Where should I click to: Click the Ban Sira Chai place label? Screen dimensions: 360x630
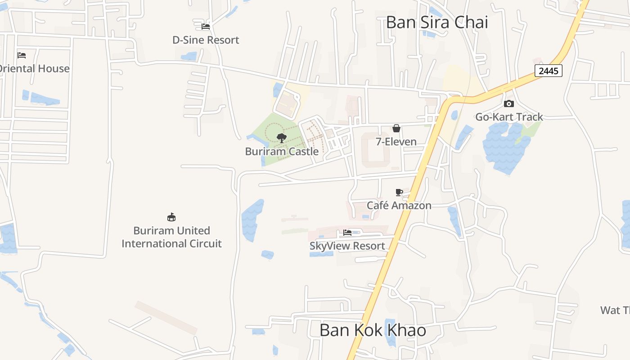pyautogui.click(x=437, y=22)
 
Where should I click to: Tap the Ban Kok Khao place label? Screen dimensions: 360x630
pyautogui.click(x=373, y=330)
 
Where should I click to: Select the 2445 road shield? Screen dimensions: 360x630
pyautogui.click(x=549, y=71)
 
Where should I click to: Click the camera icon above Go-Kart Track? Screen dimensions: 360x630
pyautogui.click(x=509, y=104)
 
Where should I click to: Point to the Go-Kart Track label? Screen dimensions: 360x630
pyautogui.click(x=509, y=117)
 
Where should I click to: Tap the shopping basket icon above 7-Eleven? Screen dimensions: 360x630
pyautogui.click(x=396, y=129)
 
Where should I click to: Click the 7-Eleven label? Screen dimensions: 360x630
pyautogui.click(x=396, y=142)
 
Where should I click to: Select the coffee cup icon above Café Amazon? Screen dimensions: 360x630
pyautogui.click(x=399, y=193)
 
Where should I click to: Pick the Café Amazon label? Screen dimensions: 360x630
pyautogui.click(x=399, y=206)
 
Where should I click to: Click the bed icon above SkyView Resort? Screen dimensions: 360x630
pyautogui.click(x=347, y=233)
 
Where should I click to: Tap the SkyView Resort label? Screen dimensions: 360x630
pyautogui.click(x=347, y=246)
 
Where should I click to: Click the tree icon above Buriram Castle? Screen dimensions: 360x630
pyautogui.click(x=282, y=138)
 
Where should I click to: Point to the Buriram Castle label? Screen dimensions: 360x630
pyautogui.click(x=282, y=151)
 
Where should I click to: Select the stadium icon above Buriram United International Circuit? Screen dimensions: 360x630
pyautogui.click(x=171, y=217)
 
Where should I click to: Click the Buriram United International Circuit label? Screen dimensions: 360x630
pyautogui.click(x=171, y=237)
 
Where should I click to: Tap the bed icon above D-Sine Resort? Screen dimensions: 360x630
pyautogui.click(x=206, y=27)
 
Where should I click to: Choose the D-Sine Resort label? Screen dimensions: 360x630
pyautogui.click(x=206, y=40)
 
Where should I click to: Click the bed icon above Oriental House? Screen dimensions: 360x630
pyautogui.click(x=22, y=55)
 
